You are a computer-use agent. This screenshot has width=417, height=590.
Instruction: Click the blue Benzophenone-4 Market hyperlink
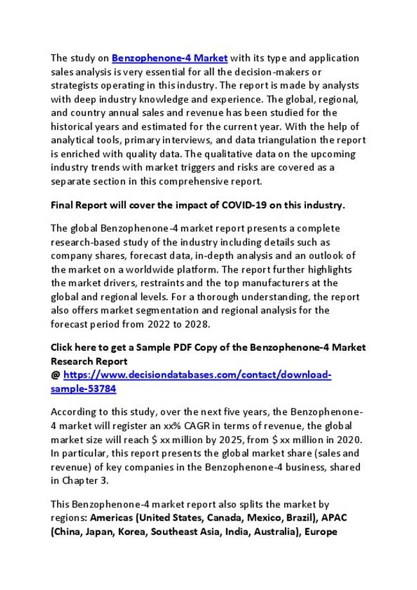pos(169,58)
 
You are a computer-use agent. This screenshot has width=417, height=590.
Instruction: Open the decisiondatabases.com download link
pos(197,375)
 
